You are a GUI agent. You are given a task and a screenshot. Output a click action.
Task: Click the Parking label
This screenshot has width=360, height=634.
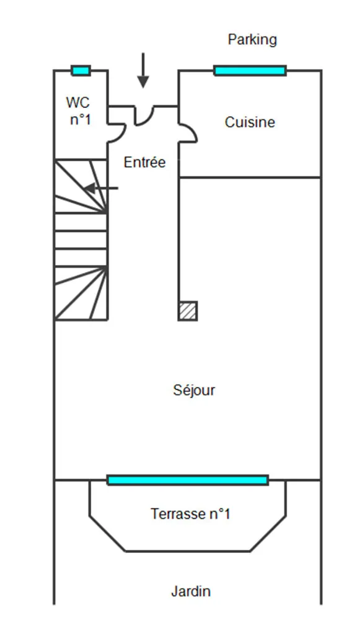click(252, 40)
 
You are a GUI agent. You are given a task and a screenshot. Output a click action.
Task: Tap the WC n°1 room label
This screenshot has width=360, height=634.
click(80, 111)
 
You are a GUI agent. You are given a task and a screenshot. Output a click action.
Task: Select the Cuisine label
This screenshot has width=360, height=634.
click(250, 122)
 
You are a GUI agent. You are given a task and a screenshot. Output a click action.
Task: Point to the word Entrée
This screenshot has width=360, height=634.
click(144, 163)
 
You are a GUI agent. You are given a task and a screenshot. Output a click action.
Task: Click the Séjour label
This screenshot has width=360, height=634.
click(194, 390)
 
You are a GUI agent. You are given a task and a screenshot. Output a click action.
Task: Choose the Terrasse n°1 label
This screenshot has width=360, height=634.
click(190, 514)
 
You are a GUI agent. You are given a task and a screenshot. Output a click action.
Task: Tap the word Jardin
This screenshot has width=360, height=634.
click(191, 591)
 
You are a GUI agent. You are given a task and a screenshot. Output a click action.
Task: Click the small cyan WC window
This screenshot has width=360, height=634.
click(81, 71)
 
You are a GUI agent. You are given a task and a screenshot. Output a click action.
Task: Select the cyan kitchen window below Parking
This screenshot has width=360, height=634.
click(250, 71)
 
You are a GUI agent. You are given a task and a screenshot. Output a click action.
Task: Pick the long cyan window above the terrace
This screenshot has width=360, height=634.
click(188, 480)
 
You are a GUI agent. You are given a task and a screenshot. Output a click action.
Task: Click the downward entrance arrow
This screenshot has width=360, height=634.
click(143, 70)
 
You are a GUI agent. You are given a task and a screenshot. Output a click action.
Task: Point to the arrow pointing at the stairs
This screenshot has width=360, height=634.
click(101, 188)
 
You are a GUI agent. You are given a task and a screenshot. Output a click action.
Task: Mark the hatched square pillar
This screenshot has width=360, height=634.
click(188, 311)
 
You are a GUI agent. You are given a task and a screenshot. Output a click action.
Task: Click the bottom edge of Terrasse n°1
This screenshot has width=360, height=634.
click(188, 551)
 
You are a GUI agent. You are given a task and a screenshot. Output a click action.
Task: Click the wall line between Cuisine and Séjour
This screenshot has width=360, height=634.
click(250, 177)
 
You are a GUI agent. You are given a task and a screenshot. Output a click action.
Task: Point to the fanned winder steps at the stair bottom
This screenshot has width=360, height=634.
click(81, 293)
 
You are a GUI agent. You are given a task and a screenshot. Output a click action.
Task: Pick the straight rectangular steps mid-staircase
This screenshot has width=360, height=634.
click(81, 240)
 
